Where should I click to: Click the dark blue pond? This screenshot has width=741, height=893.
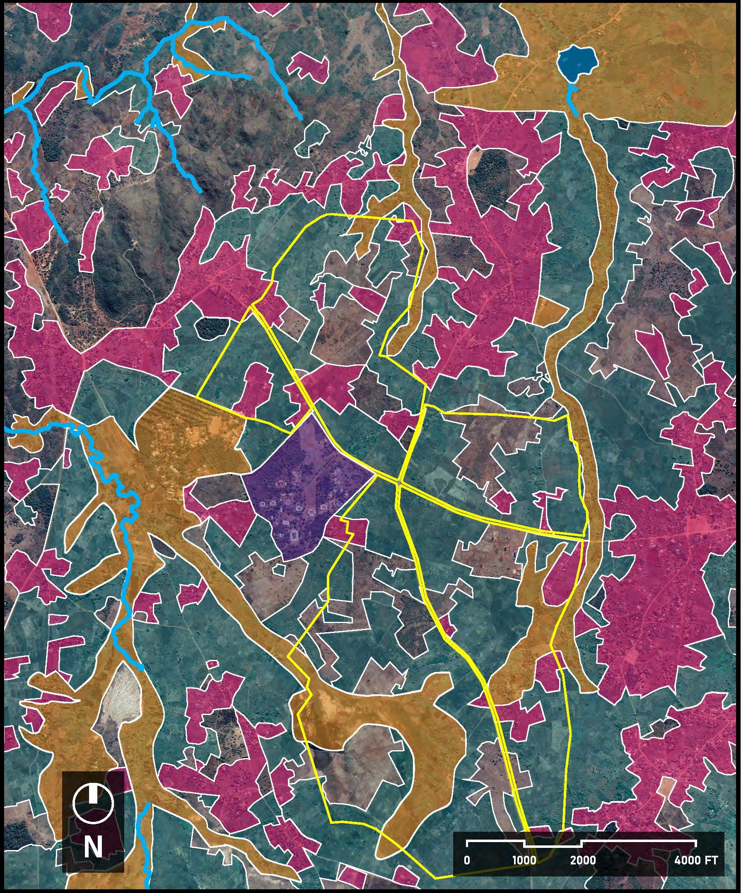point(577,62)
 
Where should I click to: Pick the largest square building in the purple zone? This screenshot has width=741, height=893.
point(292,536)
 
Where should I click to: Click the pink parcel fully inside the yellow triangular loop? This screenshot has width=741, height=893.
point(255,387)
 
